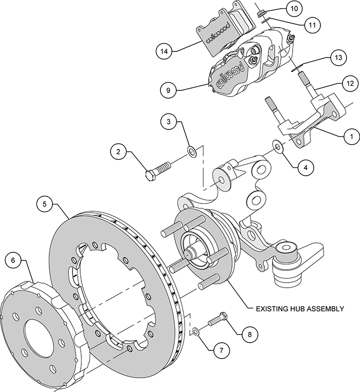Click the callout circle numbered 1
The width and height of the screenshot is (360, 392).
(x=351, y=137)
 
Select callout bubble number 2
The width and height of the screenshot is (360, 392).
(x=118, y=152)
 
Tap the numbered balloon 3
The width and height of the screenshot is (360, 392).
(x=169, y=122)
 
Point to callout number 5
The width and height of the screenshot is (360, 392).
(x=45, y=204)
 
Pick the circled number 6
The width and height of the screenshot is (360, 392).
(x=13, y=260)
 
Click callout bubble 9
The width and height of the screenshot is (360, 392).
(x=168, y=90)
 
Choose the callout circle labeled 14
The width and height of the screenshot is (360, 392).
(x=164, y=51)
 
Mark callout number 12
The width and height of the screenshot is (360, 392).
(x=350, y=83)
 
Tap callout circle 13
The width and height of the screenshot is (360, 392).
(x=338, y=58)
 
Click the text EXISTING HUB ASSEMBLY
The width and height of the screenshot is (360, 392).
(x=300, y=309)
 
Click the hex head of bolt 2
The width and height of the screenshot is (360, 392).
(x=150, y=175)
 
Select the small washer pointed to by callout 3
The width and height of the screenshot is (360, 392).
(x=192, y=152)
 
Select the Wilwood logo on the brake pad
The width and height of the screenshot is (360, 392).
(x=217, y=32)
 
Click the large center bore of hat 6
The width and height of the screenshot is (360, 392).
(x=39, y=334)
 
